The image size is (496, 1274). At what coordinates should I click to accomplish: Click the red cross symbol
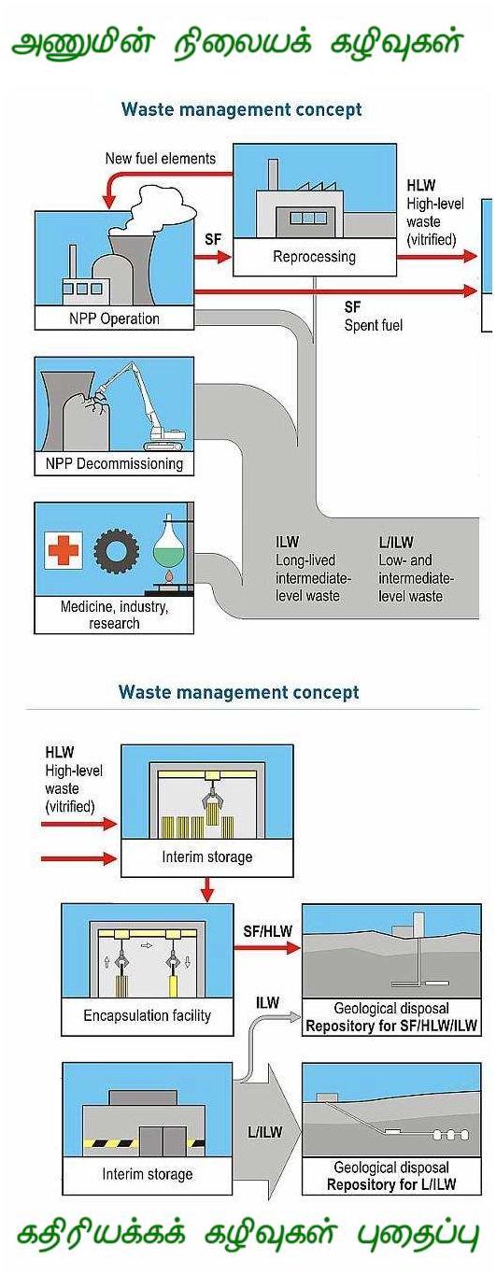coord(64,550)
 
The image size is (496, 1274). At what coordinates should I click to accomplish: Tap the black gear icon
coord(117,550)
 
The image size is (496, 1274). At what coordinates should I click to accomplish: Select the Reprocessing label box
coord(315,257)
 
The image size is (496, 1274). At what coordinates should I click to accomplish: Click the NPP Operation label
coord(114,318)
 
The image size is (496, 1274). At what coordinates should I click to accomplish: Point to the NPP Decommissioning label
coord(114,463)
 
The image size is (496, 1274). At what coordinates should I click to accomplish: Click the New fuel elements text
coord(161,158)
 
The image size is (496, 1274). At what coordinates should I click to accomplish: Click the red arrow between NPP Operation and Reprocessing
coord(213,257)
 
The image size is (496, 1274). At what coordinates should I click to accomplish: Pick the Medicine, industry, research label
coord(114,615)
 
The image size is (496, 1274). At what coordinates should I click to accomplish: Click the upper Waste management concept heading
coord(242,109)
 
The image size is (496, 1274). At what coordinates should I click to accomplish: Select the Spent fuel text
coord(373,325)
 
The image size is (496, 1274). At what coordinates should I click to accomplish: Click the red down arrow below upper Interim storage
coord(207,890)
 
